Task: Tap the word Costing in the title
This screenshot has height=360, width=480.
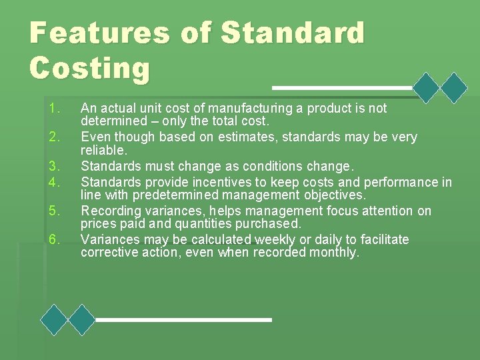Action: click(90, 67)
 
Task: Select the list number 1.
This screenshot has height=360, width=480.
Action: click(55, 108)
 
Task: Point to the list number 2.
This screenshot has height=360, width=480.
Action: click(55, 137)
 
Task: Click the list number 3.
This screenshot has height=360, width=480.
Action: click(55, 166)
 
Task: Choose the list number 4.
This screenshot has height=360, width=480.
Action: click(55, 182)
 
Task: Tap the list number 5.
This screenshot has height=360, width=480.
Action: click(55, 211)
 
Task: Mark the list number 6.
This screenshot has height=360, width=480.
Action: click(55, 239)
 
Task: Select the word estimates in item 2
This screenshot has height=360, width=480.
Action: click(221, 137)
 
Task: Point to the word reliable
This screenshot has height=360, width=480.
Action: click(103, 151)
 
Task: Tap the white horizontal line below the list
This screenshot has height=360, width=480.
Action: click(183, 320)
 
